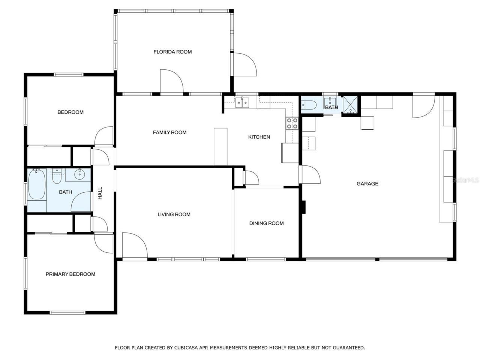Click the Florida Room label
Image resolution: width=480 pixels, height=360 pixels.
pyautogui.click(x=172, y=52)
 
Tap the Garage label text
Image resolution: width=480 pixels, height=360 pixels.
pyautogui.click(x=367, y=183)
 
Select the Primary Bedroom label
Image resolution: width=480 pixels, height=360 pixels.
pyautogui.click(x=70, y=274)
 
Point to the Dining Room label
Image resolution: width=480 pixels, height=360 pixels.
pyautogui.click(x=266, y=223)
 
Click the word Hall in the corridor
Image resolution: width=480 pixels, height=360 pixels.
pyautogui.click(x=100, y=193)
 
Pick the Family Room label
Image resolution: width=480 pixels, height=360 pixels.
pyautogui.click(x=169, y=132)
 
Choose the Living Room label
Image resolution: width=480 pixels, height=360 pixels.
pyautogui.click(x=174, y=214)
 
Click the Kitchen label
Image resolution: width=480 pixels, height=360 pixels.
pyautogui.click(x=259, y=137)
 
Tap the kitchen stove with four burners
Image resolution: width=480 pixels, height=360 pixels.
pyautogui.click(x=292, y=123)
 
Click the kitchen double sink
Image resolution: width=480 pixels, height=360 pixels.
pyautogui.click(x=242, y=102)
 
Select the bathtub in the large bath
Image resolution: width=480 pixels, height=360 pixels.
pyautogui.click(x=36, y=184)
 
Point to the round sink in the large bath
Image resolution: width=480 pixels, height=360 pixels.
pyautogui.click(x=80, y=174)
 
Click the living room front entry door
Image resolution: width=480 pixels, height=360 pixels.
pyautogui.click(x=134, y=245)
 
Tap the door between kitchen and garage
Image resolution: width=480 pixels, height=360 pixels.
pyautogui.click(x=309, y=175)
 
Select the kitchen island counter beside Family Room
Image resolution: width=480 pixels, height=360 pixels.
pyautogui.click(x=220, y=146)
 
